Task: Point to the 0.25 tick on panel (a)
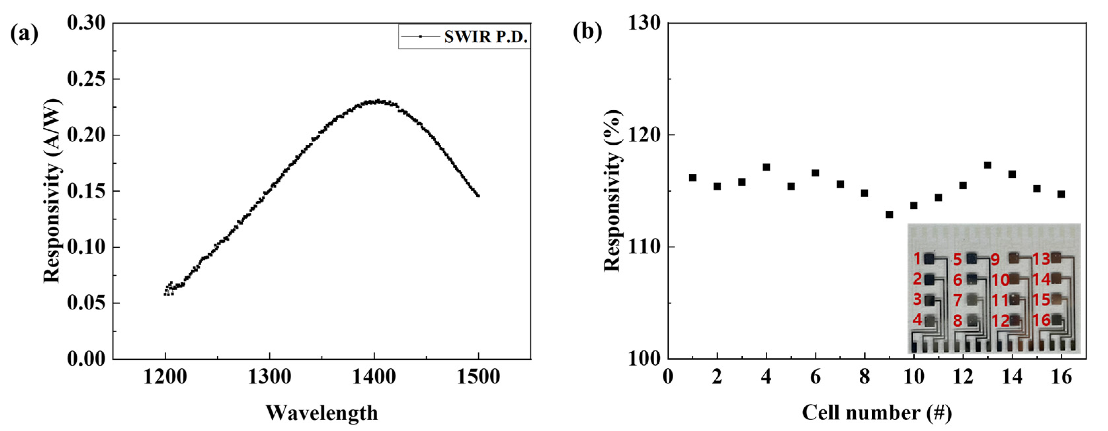86,80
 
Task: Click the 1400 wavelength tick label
374,377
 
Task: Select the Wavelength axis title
321,413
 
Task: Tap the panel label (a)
24,33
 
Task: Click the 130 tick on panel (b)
644,23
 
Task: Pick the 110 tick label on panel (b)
644,247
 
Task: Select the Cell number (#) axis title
877,413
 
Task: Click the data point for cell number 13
988,165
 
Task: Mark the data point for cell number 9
889,214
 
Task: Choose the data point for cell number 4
766,167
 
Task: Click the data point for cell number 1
692,177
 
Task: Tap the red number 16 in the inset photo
1041,320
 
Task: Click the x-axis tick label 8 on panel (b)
864,377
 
